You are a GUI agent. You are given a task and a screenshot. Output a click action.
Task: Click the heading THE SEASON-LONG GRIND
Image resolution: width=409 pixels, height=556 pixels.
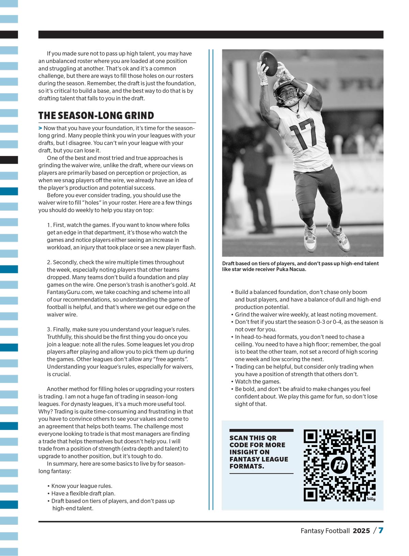pyautogui.click(x=96, y=115)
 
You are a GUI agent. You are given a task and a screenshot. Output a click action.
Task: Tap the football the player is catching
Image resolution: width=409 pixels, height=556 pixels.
pyautogui.click(x=269, y=63)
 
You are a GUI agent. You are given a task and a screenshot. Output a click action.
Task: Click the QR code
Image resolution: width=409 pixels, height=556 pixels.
pyautogui.click(x=339, y=465)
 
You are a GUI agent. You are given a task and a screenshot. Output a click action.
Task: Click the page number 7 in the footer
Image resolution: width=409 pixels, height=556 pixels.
pyautogui.click(x=381, y=530)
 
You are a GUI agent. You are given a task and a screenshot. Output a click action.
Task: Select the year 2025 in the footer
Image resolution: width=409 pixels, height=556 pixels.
pyautogui.click(x=361, y=531)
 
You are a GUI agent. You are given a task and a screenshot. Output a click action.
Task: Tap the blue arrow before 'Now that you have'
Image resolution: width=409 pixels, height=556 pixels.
pyautogui.click(x=40, y=128)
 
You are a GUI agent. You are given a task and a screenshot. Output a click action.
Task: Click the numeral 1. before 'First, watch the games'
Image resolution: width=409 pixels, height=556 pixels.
pyautogui.click(x=49, y=225)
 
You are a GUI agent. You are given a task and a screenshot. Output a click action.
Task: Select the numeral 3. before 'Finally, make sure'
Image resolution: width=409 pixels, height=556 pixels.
pyautogui.click(x=49, y=329)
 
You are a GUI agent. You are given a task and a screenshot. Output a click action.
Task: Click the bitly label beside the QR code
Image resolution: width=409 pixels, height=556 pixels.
pyautogui.click(x=371, y=499)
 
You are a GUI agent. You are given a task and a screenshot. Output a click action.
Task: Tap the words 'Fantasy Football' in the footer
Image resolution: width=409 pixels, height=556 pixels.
pyautogui.click(x=325, y=531)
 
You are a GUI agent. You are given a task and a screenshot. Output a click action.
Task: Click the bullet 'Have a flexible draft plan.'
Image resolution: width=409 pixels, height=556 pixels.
pyautogui.click(x=83, y=493)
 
